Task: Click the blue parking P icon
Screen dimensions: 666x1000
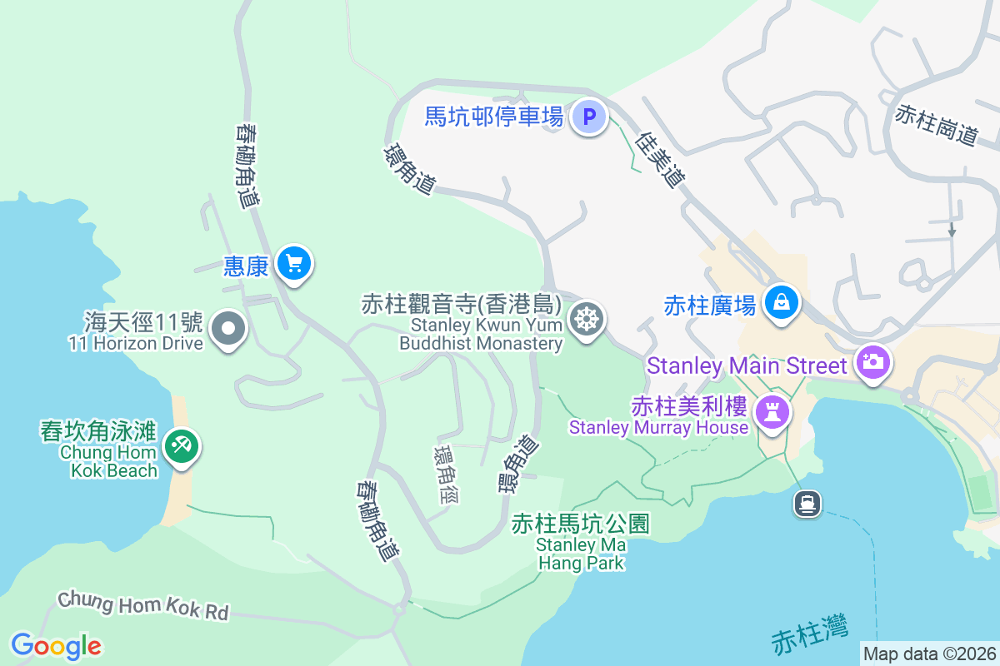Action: [x=589, y=117]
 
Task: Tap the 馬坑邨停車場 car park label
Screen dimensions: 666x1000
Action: [x=494, y=116]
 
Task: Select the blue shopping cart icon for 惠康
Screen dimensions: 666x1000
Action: [x=293, y=264]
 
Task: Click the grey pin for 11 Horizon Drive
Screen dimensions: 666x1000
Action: [x=228, y=329]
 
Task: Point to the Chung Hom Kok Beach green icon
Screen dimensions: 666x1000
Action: [x=181, y=445]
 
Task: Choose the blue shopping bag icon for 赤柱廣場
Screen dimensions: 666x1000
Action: [x=782, y=302]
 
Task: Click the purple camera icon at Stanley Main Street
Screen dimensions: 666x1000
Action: [x=872, y=362]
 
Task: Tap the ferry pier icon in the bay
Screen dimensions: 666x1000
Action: [x=807, y=503]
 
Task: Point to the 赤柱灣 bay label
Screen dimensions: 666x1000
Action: [x=810, y=633]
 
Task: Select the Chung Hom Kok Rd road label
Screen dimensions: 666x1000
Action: [x=142, y=604]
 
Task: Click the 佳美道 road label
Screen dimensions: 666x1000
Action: [x=659, y=160]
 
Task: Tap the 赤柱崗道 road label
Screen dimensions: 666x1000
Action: [x=936, y=124]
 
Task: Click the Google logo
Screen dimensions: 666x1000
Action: [x=56, y=646]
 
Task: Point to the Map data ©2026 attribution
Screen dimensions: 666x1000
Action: [x=929, y=654]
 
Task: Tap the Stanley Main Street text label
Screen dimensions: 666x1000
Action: [x=747, y=365]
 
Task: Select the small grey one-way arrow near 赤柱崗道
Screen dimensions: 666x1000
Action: [x=952, y=229]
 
